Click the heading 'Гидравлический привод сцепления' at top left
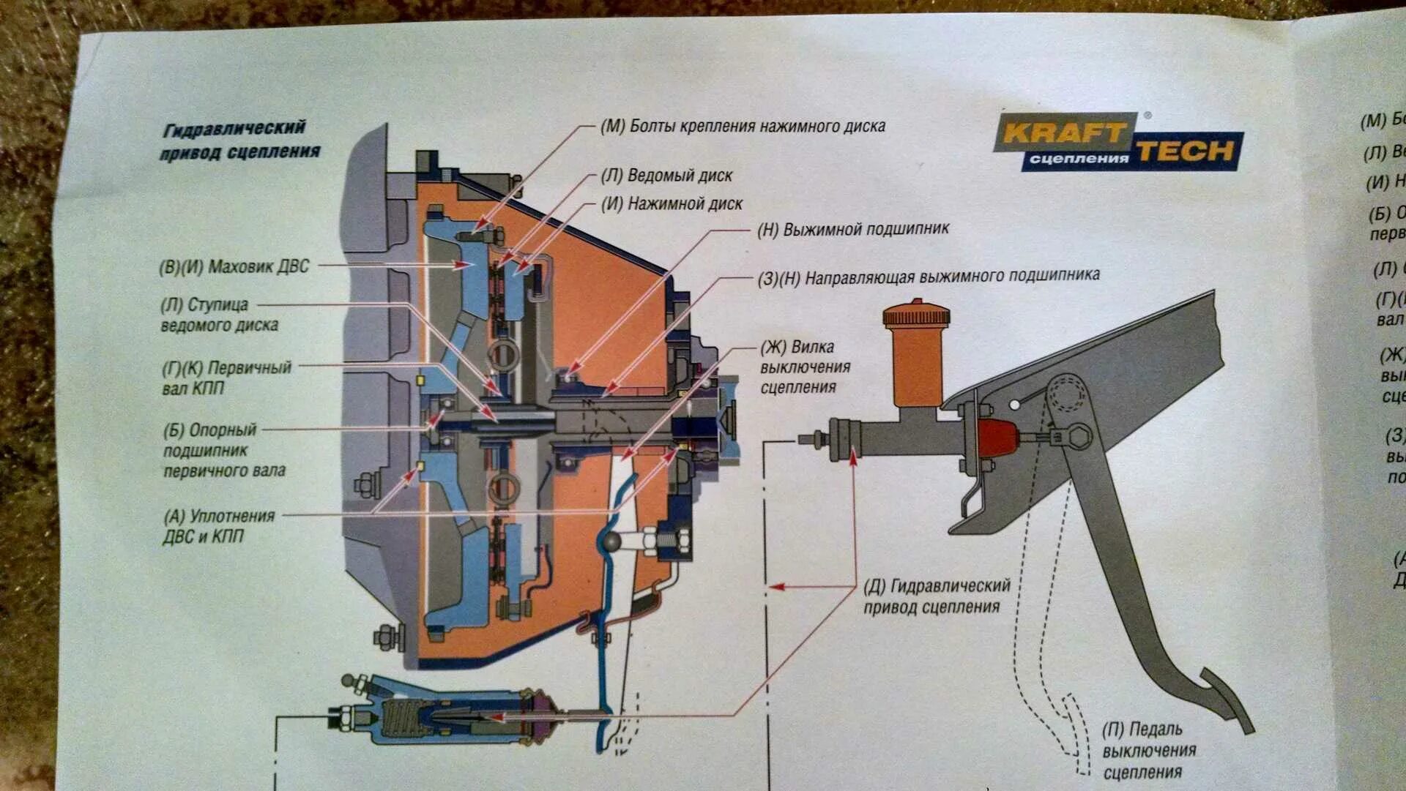click(240, 140)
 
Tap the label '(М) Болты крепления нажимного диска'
click(743, 127)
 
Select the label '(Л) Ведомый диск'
click(666, 176)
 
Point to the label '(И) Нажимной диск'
click(672, 204)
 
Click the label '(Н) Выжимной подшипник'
click(853, 229)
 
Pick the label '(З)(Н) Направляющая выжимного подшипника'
click(929, 277)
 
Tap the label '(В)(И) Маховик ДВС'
click(234, 267)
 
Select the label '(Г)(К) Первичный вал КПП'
click(226, 378)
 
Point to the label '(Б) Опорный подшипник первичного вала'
click(223, 450)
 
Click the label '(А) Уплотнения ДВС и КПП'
click(218, 526)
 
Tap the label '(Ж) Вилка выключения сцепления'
click(804, 367)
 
